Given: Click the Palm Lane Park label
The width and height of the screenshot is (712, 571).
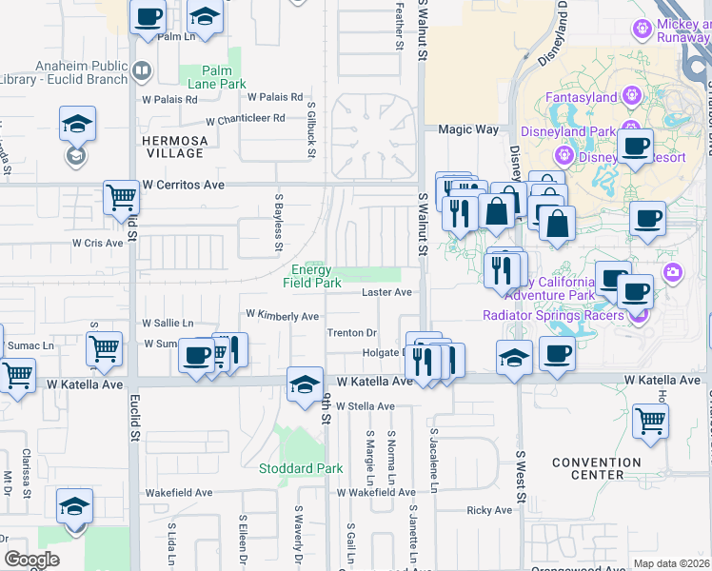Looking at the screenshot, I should click(x=217, y=76).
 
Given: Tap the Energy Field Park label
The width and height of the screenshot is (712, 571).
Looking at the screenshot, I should click(x=312, y=276).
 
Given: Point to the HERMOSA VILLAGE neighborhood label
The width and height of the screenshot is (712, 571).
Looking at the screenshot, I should click(x=173, y=147).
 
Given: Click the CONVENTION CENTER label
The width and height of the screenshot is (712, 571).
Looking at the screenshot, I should click(x=597, y=468).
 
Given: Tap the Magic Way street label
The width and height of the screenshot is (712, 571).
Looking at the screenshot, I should click(x=467, y=129).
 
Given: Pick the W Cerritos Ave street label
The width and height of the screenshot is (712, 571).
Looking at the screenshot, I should click(x=183, y=185).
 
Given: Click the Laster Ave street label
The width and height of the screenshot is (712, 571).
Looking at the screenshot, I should click(x=386, y=292).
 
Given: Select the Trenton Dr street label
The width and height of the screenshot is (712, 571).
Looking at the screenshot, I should click(x=352, y=333).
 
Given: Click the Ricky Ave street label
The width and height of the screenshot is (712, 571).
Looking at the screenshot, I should click(x=489, y=510).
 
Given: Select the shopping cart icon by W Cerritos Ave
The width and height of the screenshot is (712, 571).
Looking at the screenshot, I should click(x=122, y=197).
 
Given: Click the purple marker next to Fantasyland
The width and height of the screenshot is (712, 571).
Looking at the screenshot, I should click(x=630, y=96).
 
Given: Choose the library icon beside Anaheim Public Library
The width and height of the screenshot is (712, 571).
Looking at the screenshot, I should click(x=142, y=69).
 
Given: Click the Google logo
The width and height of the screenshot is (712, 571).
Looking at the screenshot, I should click(x=31, y=560).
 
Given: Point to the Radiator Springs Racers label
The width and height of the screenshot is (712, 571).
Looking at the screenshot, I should click(x=552, y=315).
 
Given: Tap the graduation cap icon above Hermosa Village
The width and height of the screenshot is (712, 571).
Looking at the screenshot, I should click(x=77, y=124).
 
